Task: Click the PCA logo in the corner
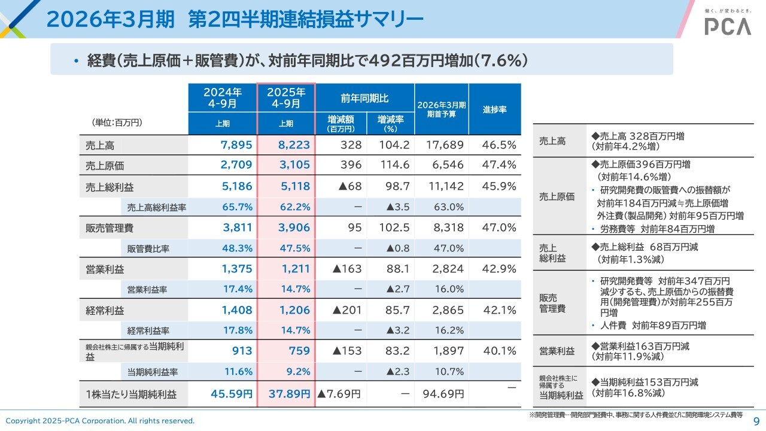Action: [x=727, y=25]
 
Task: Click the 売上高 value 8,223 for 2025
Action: [x=295, y=145]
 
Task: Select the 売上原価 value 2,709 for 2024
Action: [x=237, y=165]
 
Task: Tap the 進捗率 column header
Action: [x=495, y=110]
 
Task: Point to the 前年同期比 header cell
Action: [x=364, y=98]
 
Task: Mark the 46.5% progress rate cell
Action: [x=499, y=145]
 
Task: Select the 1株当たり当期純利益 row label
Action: [x=131, y=394]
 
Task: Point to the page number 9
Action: [x=756, y=421]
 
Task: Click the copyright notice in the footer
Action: [x=100, y=421]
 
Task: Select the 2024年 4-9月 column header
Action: [x=222, y=98]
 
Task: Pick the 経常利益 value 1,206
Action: [x=295, y=310]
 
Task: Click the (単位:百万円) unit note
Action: [x=117, y=122]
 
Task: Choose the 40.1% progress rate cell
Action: [x=499, y=351]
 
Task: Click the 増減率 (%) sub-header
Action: [x=391, y=123]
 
